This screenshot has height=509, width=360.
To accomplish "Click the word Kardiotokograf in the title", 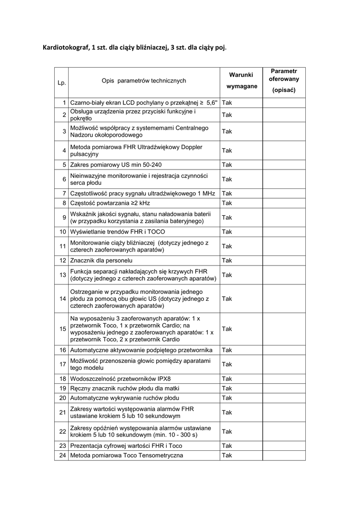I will (x=64, y=48).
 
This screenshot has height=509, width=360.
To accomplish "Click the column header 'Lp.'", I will (x=62, y=83).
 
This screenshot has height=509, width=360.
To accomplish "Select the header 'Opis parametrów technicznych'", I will (x=144, y=81).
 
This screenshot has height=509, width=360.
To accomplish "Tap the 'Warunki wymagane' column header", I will (x=241, y=81).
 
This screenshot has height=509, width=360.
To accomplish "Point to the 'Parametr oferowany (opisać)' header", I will (x=284, y=81).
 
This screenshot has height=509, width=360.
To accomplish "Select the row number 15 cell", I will (x=63, y=329).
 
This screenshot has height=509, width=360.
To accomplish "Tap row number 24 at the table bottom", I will (x=63, y=455).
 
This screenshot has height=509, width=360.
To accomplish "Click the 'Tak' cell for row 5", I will (x=227, y=165).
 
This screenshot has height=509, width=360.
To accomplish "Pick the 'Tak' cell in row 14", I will (x=227, y=299).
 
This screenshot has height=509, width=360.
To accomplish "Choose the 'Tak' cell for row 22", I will (x=227, y=431).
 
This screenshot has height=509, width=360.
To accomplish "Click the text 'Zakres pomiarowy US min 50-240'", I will (x=116, y=165).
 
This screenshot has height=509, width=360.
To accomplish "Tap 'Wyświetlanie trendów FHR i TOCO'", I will (x=117, y=232).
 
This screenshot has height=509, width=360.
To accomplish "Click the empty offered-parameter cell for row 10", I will (x=284, y=232).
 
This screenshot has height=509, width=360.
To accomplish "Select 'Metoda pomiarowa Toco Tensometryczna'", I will (x=126, y=455).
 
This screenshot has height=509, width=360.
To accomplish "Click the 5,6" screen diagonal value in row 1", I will (x=212, y=103).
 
